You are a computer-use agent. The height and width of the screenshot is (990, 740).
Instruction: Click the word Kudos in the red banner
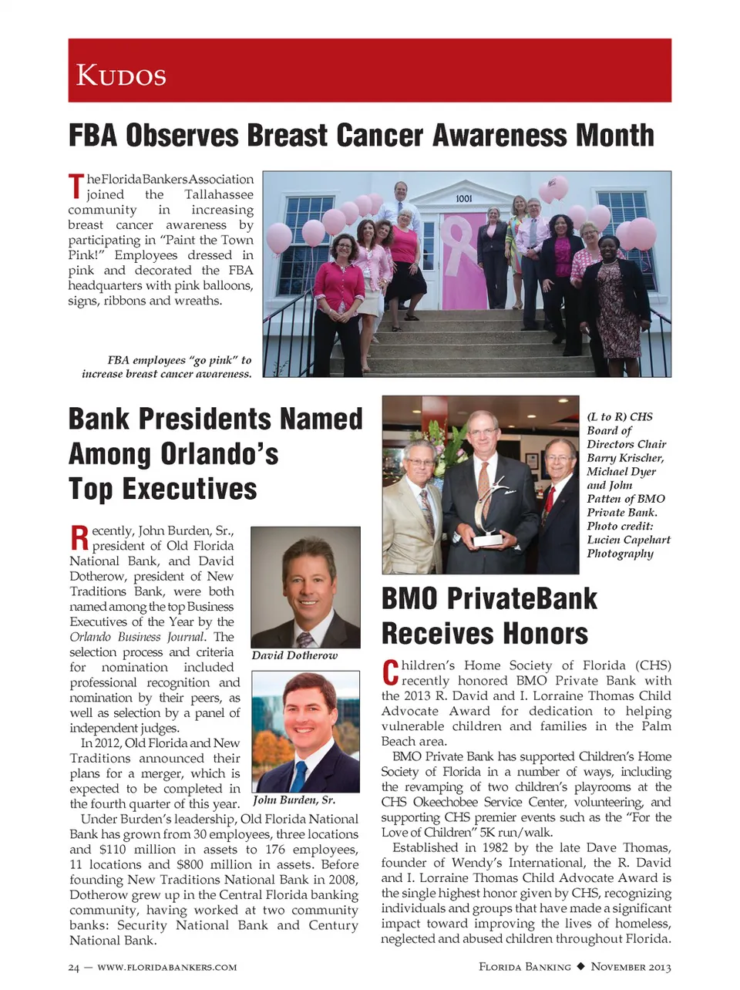point(121,75)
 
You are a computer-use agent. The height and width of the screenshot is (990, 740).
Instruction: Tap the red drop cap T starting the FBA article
point(76,187)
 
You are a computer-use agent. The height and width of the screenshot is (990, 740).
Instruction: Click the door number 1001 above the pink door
point(463,199)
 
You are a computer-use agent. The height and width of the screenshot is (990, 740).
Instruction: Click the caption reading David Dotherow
point(294,655)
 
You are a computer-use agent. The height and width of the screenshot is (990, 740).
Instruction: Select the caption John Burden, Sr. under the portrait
point(294,800)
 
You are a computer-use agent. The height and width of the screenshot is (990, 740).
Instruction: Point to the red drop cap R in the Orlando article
point(79,537)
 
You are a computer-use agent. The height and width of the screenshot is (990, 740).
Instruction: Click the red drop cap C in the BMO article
point(390,672)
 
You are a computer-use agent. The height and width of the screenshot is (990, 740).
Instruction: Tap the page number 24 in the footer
point(73,967)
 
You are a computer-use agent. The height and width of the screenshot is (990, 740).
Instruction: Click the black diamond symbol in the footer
point(580,966)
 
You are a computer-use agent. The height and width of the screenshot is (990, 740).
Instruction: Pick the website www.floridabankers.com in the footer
point(167,967)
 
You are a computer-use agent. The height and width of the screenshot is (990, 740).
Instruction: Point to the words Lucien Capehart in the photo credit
point(628,540)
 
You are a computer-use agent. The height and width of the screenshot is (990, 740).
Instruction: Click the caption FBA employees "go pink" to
point(180,360)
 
